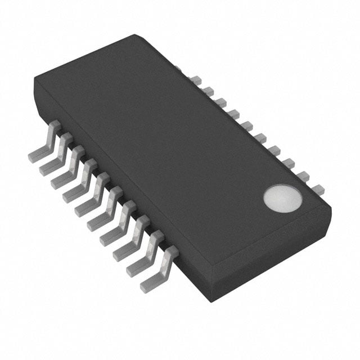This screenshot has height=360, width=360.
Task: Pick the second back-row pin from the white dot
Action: point(304,176)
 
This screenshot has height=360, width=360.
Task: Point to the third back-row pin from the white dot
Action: point(289,163)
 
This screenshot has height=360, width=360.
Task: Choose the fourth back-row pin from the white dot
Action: point(274,150)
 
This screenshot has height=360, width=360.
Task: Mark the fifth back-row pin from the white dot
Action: point(260,137)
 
